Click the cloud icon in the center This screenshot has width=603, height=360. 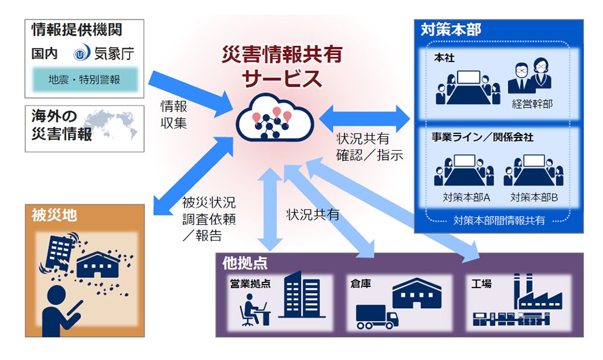(x=274, y=118)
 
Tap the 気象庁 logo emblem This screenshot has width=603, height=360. (x=82, y=53)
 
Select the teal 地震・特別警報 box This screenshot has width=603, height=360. (x=84, y=80)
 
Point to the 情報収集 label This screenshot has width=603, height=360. (x=174, y=115)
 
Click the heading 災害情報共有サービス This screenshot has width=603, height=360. (x=282, y=66)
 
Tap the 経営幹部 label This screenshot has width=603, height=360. (x=532, y=104)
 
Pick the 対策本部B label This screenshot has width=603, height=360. (x=534, y=198)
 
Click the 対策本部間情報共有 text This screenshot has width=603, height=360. (x=499, y=220)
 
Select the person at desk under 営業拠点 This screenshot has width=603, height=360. (x=254, y=310)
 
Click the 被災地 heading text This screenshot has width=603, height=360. (x=54, y=215)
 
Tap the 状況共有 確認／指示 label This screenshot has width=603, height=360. (x=370, y=147)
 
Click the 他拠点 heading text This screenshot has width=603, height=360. (x=245, y=264)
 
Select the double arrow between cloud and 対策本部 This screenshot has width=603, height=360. (x=365, y=119)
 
